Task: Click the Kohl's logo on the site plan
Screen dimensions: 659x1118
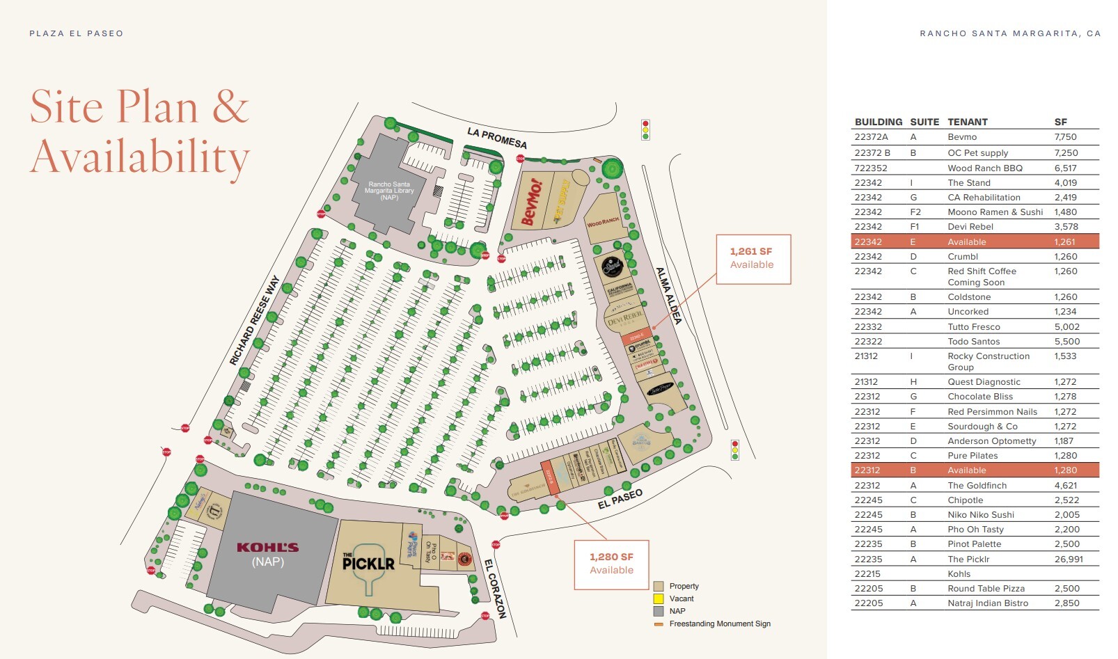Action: coord(267,548)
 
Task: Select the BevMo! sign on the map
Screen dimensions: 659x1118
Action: coord(532,203)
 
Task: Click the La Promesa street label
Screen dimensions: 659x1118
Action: coord(496,138)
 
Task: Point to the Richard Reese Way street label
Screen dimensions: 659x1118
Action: coord(255,320)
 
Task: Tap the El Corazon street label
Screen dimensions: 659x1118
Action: coord(495,589)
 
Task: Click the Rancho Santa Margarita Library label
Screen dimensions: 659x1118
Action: coord(389,191)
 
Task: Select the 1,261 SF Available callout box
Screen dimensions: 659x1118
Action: coord(753,259)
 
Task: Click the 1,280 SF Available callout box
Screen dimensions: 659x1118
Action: coord(611,564)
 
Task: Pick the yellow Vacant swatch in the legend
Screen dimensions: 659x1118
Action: coord(658,598)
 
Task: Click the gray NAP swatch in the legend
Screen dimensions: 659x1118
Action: coord(658,611)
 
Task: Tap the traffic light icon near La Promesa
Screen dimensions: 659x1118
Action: coord(645,129)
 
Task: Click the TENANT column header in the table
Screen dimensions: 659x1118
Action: coord(967,122)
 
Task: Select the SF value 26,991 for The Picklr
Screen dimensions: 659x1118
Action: coord(1068,559)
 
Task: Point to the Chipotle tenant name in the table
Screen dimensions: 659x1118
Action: coord(965,500)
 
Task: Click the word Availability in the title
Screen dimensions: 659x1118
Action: coord(139,157)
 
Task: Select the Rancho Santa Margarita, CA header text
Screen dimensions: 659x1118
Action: coord(1009,33)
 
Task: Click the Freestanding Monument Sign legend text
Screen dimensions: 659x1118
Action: coord(719,624)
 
